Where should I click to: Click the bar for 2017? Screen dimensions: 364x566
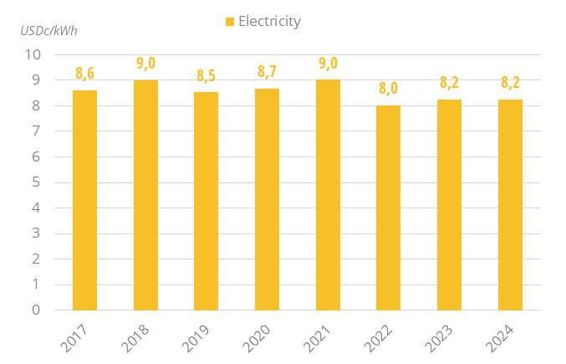(84, 200)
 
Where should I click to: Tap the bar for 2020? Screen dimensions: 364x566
(267, 199)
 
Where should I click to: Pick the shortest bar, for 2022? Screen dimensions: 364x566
(389, 208)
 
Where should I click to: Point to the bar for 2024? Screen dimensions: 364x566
(510, 205)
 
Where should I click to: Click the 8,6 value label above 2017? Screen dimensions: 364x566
(84, 74)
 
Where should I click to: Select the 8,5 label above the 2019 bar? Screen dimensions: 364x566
(206, 76)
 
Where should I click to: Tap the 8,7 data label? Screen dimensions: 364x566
(267, 72)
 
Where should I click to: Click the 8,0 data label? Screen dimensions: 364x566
(388, 89)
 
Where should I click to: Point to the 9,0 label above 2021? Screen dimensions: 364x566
(328, 64)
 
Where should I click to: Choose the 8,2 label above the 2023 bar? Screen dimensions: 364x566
(449, 83)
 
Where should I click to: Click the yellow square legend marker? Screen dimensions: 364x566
(230, 22)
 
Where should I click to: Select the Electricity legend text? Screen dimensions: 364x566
(269, 22)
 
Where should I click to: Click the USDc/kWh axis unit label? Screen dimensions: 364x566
(48, 31)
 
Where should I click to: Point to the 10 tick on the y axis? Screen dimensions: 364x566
(33, 55)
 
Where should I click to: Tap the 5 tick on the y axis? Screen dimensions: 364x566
(37, 182)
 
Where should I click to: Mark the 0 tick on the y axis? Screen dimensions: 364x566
(37, 310)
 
